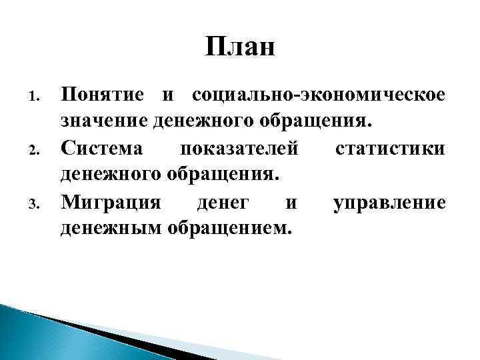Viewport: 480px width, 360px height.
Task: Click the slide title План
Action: tap(239, 48)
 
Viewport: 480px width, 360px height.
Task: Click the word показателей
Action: tap(241, 148)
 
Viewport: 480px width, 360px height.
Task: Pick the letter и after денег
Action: tap(288, 202)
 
